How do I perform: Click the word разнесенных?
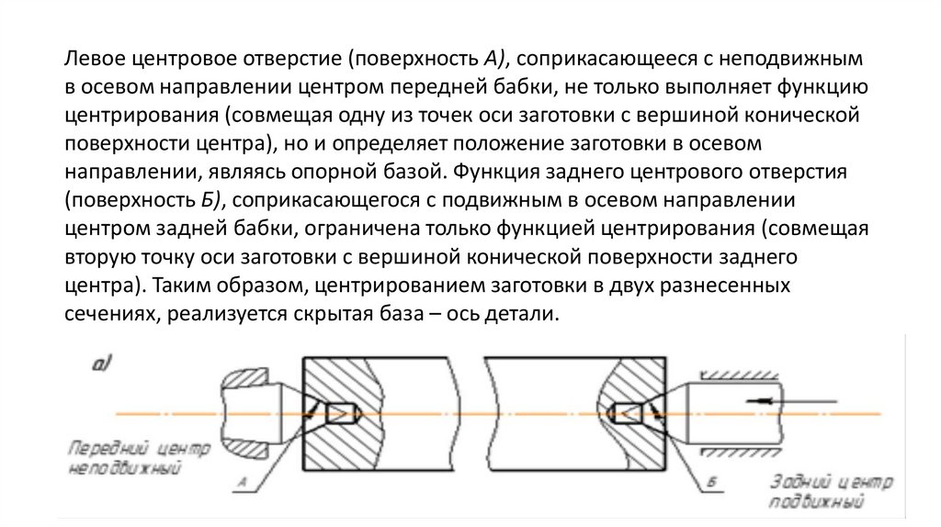722,285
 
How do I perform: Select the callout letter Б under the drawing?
712,479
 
